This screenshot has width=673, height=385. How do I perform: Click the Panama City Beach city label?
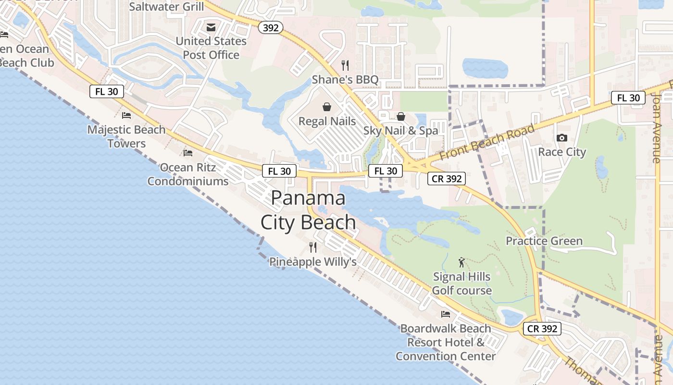(308, 210)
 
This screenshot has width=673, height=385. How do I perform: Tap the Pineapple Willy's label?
(312, 262)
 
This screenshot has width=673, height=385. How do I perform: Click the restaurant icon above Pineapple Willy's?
(313, 247)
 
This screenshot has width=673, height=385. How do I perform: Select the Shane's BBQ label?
(345, 79)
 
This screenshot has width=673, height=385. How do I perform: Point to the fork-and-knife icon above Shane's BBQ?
(345, 65)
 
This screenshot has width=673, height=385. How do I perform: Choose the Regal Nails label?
(327, 121)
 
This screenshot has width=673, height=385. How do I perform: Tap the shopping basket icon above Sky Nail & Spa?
(400, 116)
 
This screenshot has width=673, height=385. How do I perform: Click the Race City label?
(562, 152)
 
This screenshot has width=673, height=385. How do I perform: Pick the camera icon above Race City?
(561, 138)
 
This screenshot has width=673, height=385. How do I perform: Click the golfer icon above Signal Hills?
(462, 262)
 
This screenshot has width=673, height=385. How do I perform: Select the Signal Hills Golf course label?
(462, 283)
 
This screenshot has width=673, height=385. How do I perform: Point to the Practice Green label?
(544, 241)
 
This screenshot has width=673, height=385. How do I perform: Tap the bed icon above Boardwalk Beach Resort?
(446, 314)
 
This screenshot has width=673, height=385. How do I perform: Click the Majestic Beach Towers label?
(126, 136)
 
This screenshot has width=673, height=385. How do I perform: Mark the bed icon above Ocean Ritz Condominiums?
(188, 153)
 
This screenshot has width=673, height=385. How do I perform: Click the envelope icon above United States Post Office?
(211, 27)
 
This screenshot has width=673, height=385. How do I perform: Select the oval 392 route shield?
(271, 28)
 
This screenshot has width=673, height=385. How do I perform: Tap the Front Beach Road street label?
(487, 142)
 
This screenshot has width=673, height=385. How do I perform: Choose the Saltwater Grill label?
(166, 7)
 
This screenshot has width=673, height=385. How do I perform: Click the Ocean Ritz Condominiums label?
(188, 174)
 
